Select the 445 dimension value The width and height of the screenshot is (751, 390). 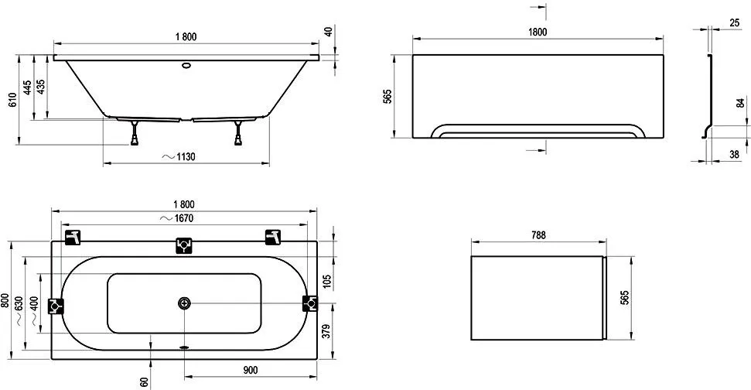pyautogui.click(x=28, y=87)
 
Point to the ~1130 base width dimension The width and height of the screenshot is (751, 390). pyautogui.click(x=179, y=157)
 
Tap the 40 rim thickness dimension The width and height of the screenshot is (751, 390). pyautogui.click(x=328, y=32)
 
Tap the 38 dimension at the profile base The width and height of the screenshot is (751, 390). pyautogui.click(x=732, y=155)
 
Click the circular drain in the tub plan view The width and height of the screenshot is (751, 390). pyautogui.click(x=184, y=303)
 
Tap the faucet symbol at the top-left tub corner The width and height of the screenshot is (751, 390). pyautogui.click(x=72, y=236)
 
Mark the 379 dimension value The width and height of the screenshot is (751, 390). pyautogui.click(x=329, y=331)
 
